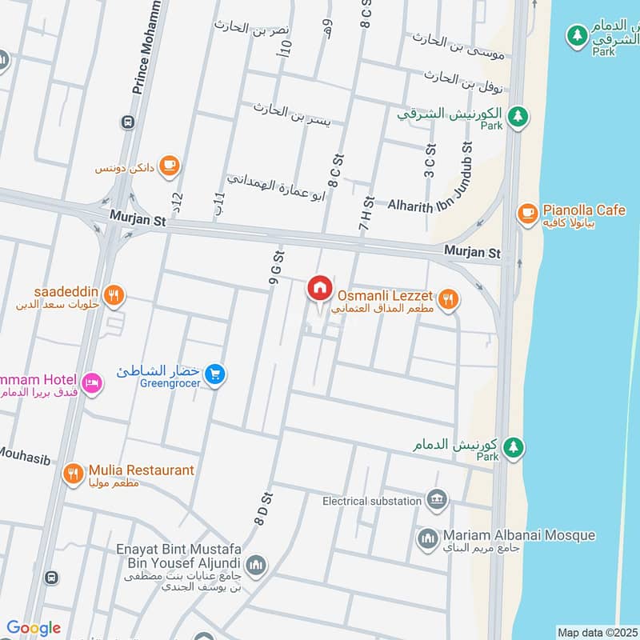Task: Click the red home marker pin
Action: (319, 287)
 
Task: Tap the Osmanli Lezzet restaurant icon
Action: (449, 300)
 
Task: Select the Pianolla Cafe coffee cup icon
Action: (526, 212)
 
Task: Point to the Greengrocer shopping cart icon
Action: (214, 373)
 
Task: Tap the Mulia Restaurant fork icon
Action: (73, 474)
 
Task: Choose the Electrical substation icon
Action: (436, 500)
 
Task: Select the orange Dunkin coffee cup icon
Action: (169, 165)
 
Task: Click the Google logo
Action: (34, 628)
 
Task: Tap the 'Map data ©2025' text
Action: (596, 632)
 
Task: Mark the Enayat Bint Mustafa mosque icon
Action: (256, 565)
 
